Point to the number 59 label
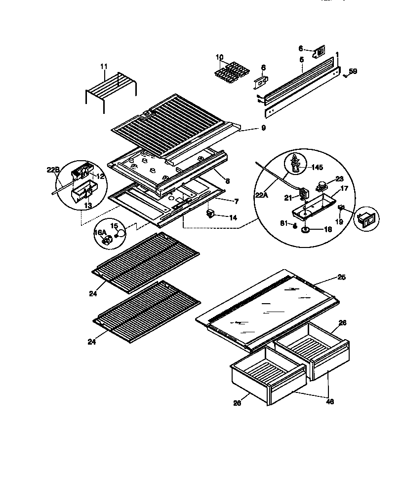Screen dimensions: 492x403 (353, 71)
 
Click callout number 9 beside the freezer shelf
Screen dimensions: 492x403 (263, 128)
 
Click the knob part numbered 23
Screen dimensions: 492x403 (322, 187)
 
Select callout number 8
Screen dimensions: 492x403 (227, 181)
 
